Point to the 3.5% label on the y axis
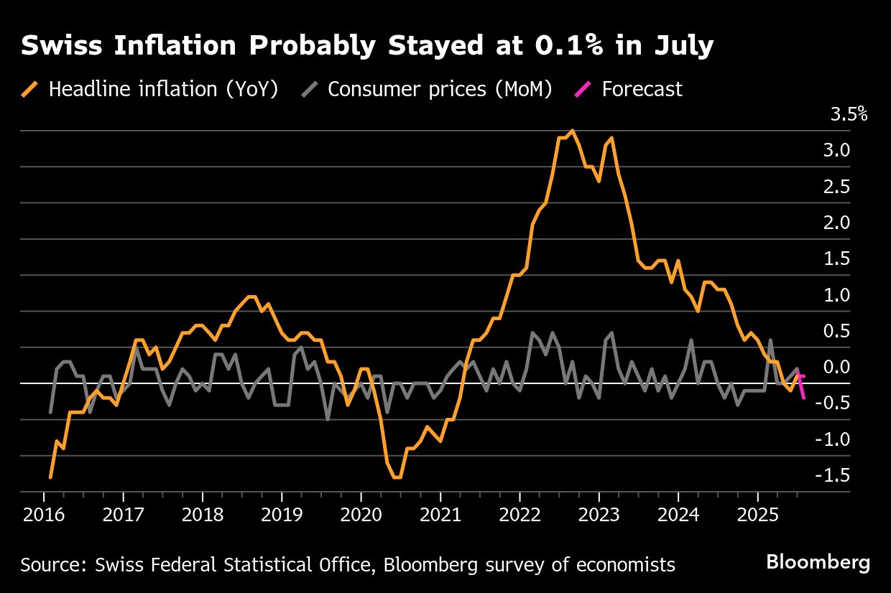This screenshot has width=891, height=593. point(849,114)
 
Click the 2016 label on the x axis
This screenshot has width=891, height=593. point(43,515)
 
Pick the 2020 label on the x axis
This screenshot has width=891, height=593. point(360,515)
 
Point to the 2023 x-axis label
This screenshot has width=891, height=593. point(598,515)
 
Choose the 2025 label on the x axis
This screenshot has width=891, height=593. point(757,515)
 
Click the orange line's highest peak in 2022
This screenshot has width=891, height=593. point(572,131)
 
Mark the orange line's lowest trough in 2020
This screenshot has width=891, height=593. point(397,477)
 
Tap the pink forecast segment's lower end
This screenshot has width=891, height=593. point(803,398)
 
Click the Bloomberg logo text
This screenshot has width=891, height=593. point(818,561)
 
